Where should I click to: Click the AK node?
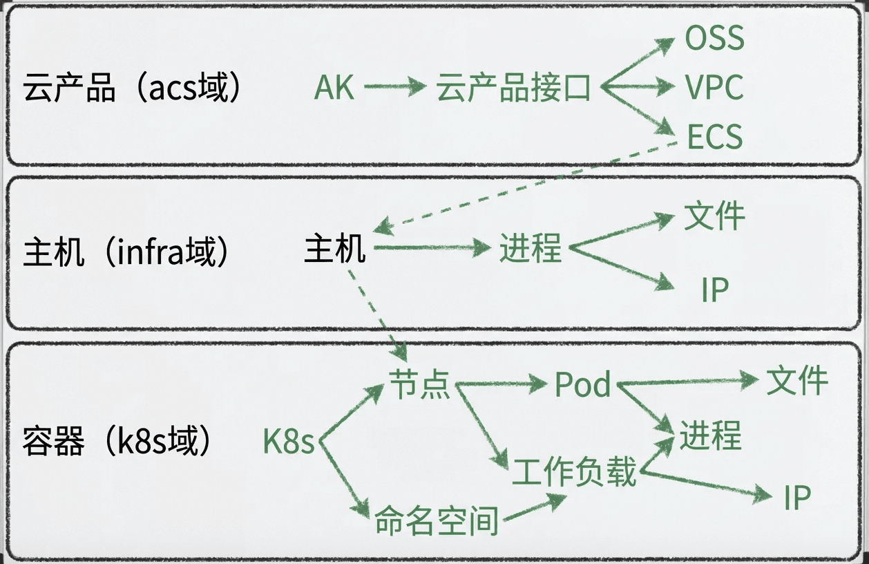point(334,88)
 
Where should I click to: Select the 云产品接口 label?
point(513,88)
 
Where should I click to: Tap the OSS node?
point(714,39)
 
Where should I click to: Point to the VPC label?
point(714,88)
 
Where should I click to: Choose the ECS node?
point(714,136)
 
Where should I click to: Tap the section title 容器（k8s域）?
point(117,441)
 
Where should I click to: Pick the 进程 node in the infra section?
point(531,248)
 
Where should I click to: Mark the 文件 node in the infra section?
point(714,216)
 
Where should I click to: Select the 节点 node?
point(419,384)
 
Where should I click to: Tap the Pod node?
point(582,384)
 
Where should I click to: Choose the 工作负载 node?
point(573,472)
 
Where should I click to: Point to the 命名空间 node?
point(436,520)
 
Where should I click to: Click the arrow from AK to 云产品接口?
point(395,87)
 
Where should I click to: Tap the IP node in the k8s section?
point(796,497)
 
